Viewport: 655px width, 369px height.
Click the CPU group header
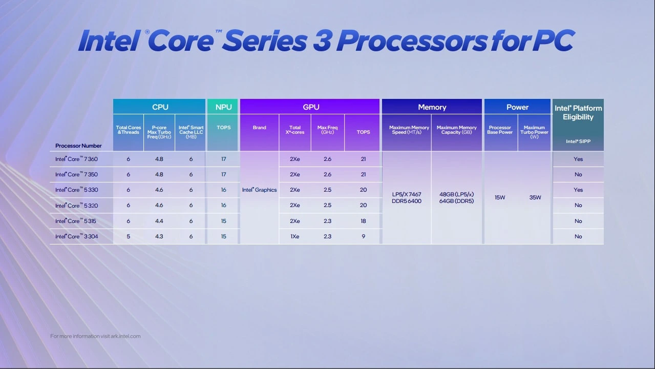coord(160,107)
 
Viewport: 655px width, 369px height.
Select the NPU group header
coord(223,107)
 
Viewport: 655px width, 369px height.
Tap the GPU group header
coord(311,107)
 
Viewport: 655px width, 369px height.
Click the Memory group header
coord(432,107)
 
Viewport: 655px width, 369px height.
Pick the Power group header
coord(517,107)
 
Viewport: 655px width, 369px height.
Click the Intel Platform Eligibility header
coord(578,113)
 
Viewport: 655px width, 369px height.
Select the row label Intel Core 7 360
coord(76,159)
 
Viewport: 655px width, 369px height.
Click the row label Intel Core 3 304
coord(76,237)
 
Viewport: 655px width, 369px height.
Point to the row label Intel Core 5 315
coord(76,221)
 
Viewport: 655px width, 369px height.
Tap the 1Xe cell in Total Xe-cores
coord(294,237)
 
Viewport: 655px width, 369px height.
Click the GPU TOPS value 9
coord(363,237)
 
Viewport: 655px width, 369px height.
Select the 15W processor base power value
coord(500,198)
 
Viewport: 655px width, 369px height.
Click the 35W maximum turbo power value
coord(535,198)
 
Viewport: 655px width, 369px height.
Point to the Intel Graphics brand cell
coord(259,190)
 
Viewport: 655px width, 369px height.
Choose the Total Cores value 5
coord(128,237)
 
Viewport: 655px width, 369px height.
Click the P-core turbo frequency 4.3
coord(159,237)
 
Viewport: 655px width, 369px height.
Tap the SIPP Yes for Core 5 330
coord(578,190)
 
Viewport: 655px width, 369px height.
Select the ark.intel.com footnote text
coord(95,336)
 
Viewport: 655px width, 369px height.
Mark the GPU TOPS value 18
coord(363,221)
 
